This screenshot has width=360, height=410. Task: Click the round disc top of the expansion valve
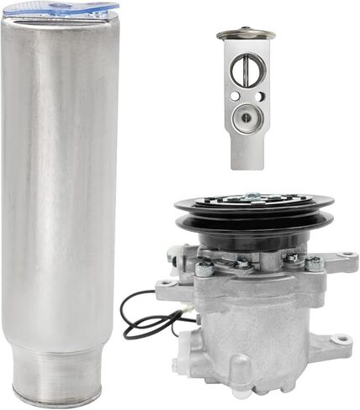246,34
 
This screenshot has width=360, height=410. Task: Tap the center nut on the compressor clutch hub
251,198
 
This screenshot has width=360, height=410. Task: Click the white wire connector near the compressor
179,313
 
